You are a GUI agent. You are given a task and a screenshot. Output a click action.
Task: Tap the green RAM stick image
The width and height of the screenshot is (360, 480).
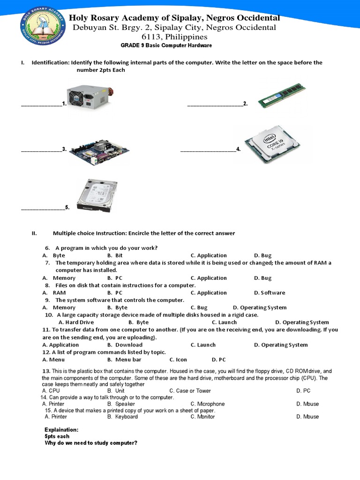pos(281,96)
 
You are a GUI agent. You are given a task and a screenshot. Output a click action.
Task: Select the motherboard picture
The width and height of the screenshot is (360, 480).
pos(99,150)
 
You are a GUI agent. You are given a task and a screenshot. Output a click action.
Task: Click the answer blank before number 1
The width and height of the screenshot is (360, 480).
pos(41,104)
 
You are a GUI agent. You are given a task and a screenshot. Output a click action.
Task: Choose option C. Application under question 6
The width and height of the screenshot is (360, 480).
pos(209,255)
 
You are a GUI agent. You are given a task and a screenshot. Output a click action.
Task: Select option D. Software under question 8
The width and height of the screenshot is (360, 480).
pos(269,293)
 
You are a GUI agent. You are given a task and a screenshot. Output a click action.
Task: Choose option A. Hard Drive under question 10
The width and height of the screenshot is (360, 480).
pos(76,322)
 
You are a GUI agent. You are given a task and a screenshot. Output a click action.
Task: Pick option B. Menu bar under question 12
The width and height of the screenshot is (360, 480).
pos(124,360)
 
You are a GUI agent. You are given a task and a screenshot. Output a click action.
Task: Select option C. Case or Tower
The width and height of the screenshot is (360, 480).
pos(190,391)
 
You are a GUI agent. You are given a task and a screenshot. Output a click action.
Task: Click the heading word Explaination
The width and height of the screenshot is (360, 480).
pos(61,429)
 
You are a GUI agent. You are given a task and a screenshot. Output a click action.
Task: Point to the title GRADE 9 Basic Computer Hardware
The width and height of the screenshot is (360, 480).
pos(166,45)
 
